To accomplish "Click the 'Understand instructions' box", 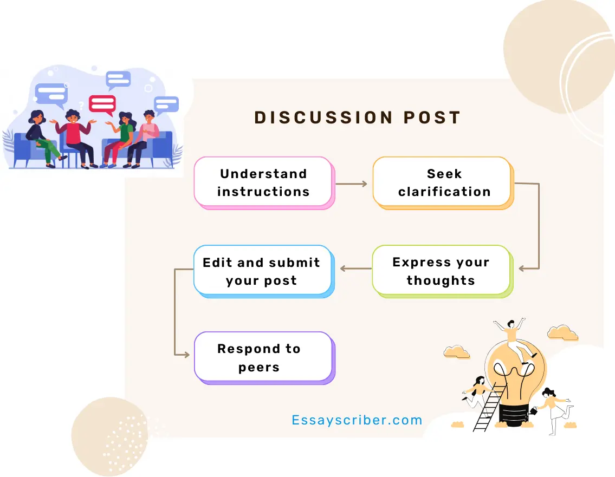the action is click(x=264, y=182).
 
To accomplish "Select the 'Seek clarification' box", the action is click(x=443, y=182).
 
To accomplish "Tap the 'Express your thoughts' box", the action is click(x=443, y=271).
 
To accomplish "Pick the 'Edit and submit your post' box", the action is click(x=264, y=271).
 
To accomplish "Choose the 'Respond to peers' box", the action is click(x=264, y=358).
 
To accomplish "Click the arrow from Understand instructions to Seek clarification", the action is click(x=352, y=184).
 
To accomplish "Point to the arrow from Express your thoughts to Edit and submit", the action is click(x=356, y=269).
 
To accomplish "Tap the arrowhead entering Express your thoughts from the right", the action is click(x=522, y=269).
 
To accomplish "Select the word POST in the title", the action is click(x=432, y=117).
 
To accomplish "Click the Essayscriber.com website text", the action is click(x=357, y=420).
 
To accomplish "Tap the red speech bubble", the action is click(x=102, y=104).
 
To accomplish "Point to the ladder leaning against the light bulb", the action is click(x=489, y=408).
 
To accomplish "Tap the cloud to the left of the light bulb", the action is click(x=457, y=351).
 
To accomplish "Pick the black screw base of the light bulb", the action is click(x=513, y=415).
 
